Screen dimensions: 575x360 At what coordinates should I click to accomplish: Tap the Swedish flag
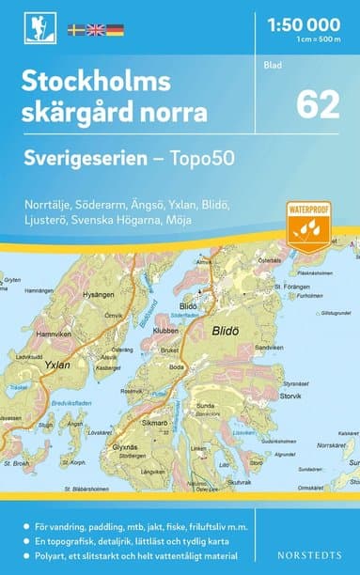pos(77,30)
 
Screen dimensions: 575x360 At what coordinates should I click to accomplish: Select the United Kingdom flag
pos(96,30)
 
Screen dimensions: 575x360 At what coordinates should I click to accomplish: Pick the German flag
pos(115,30)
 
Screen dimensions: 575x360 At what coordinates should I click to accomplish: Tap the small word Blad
pos(272,66)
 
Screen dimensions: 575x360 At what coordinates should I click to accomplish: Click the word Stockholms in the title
pos(97,83)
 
